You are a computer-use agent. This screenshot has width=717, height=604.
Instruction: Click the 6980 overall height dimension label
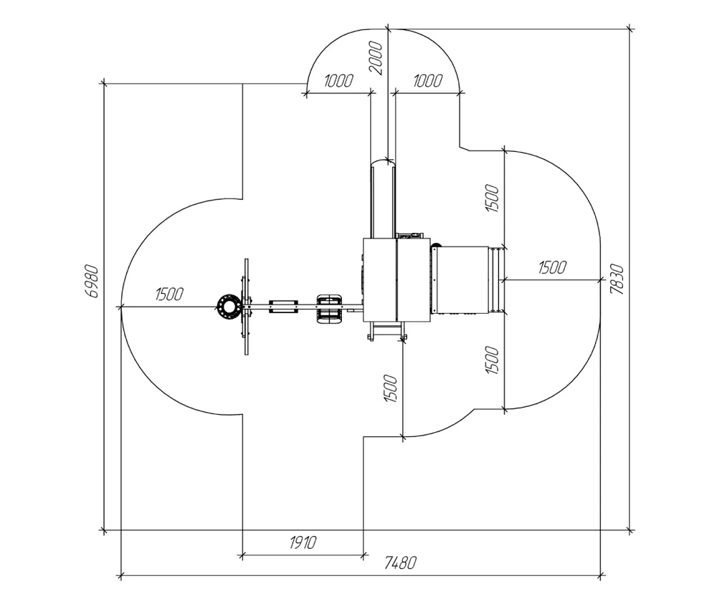[x=92, y=282]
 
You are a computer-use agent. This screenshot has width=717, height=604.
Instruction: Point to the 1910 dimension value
[x=303, y=543]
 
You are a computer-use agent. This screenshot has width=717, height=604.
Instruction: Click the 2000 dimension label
[x=376, y=57]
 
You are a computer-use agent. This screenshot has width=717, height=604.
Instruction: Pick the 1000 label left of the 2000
[x=338, y=81]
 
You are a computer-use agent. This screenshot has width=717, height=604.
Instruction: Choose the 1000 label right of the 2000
[x=427, y=81]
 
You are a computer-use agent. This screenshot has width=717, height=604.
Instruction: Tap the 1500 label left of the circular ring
[x=169, y=294]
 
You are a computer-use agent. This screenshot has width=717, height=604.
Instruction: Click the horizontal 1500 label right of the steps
[x=552, y=267]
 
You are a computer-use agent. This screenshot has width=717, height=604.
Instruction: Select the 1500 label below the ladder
[x=390, y=388]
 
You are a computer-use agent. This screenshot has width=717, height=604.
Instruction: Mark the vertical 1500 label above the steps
[x=492, y=198]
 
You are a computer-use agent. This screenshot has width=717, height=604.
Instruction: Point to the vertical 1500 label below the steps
[x=492, y=360]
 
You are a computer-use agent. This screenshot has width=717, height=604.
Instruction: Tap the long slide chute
[x=383, y=198]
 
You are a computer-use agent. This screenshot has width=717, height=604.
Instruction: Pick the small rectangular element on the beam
[x=283, y=307]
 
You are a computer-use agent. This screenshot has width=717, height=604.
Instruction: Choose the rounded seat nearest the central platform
[x=328, y=309]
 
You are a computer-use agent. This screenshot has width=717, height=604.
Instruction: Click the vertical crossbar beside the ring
[x=247, y=307]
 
